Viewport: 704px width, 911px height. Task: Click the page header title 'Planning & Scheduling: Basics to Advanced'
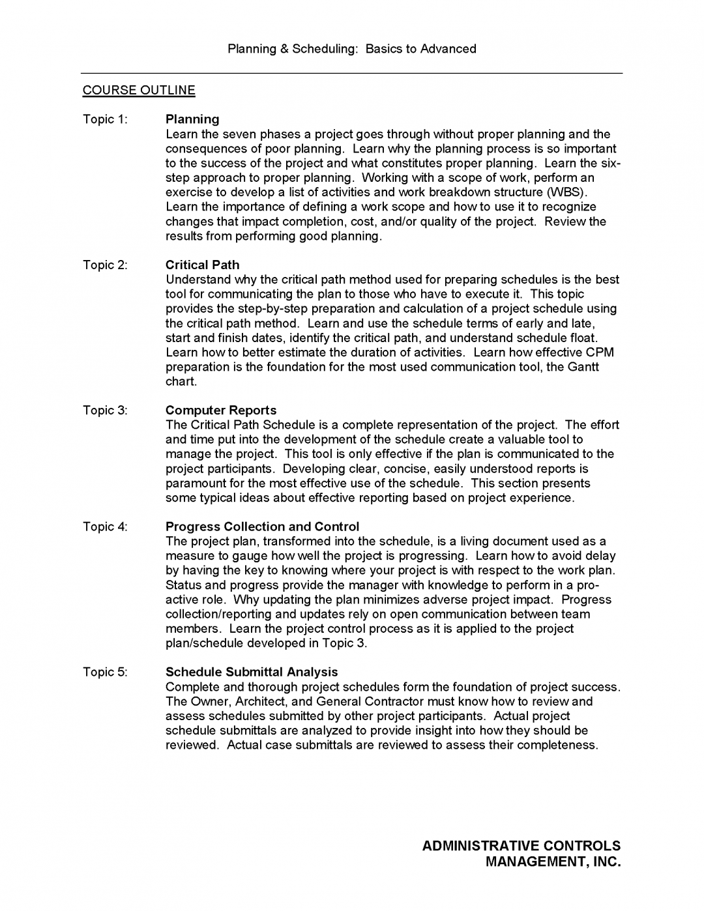pyautogui.click(x=352, y=49)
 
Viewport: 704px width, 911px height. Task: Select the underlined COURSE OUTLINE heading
pyautogui.click(x=139, y=91)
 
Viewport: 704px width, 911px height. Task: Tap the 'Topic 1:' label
pyautogui.click(x=105, y=119)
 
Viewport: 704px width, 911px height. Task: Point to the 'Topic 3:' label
pyautogui.click(x=105, y=411)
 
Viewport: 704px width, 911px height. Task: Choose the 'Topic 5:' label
pyautogui.click(x=105, y=672)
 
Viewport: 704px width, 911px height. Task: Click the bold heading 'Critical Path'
pyautogui.click(x=202, y=265)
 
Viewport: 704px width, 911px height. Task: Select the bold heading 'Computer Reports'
pyautogui.click(x=221, y=411)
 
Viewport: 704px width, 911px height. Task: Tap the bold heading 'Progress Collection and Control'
pyautogui.click(x=262, y=527)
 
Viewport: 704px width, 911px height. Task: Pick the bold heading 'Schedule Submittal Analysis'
pyautogui.click(x=252, y=672)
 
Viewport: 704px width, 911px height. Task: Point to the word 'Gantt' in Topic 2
pyautogui.click(x=583, y=367)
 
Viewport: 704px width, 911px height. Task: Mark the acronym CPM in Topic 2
pyautogui.click(x=600, y=353)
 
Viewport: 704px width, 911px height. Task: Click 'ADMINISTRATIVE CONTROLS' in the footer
pyautogui.click(x=521, y=846)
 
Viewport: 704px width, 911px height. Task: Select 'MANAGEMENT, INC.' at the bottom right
pyautogui.click(x=553, y=862)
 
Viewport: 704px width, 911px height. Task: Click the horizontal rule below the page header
pyautogui.click(x=352, y=73)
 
